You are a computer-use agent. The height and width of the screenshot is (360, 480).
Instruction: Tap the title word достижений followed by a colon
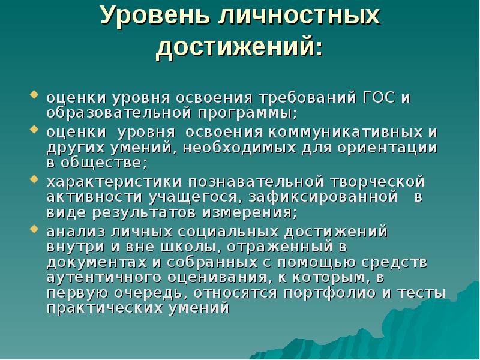click(x=239, y=47)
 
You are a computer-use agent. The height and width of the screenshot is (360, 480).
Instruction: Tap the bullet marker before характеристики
click(x=34, y=179)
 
